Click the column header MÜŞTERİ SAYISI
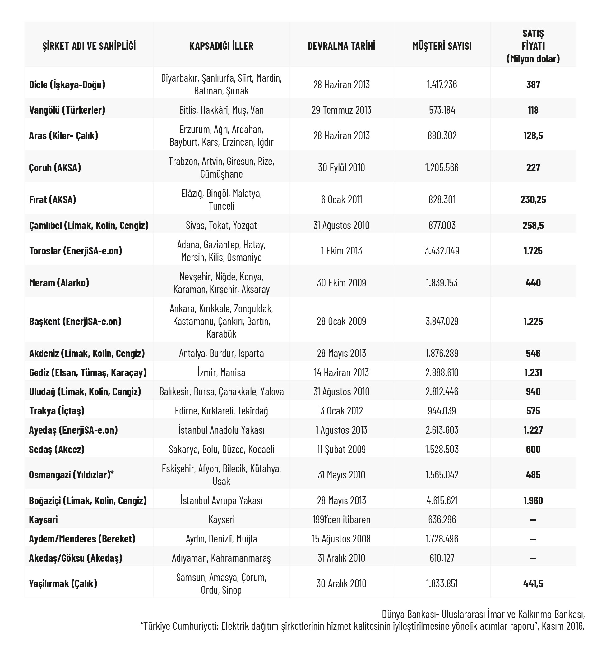(442, 46)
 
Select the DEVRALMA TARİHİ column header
(341, 46)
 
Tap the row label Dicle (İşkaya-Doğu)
(67, 85)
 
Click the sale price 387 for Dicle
(533, 85)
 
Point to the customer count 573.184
(442, 110)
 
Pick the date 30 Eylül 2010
(341, 167)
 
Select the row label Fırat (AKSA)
(52, 199)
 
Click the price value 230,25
(533, 199)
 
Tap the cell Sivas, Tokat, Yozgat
(221, 225)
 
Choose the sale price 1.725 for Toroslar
(533, 251)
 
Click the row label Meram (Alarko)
(59, 283)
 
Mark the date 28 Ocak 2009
(341, 321)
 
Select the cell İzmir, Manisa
(221, 372)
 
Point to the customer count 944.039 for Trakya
(442, 410)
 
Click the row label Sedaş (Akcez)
(57, 449)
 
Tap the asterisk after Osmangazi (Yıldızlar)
(112, 473)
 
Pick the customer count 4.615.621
(442, 500)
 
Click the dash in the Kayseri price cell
(533, 519)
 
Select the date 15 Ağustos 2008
(341, 539)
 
